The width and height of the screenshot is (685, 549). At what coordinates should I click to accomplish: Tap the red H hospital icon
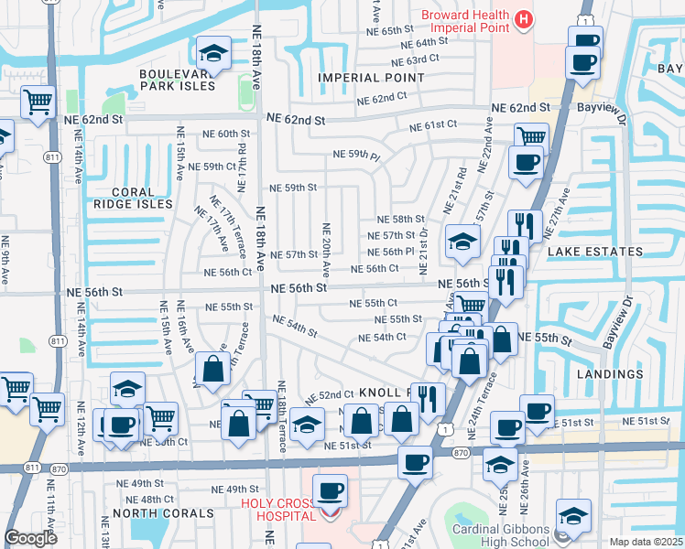point(523,18)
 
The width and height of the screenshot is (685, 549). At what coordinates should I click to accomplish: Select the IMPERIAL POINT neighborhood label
point(371,78)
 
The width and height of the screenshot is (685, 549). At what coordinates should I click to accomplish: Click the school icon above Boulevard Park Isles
point(212,53)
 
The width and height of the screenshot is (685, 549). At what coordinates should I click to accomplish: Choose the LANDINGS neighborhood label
point(611,374)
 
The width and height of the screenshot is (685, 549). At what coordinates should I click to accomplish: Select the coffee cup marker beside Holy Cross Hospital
point(330,491)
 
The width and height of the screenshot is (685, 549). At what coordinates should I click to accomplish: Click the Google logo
point(30,538)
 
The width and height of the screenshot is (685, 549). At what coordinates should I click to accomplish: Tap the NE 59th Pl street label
point(355,156)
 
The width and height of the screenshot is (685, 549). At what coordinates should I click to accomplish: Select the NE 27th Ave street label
point(561,210)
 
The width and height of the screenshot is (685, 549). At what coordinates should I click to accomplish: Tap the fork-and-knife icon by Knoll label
point(428,397)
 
